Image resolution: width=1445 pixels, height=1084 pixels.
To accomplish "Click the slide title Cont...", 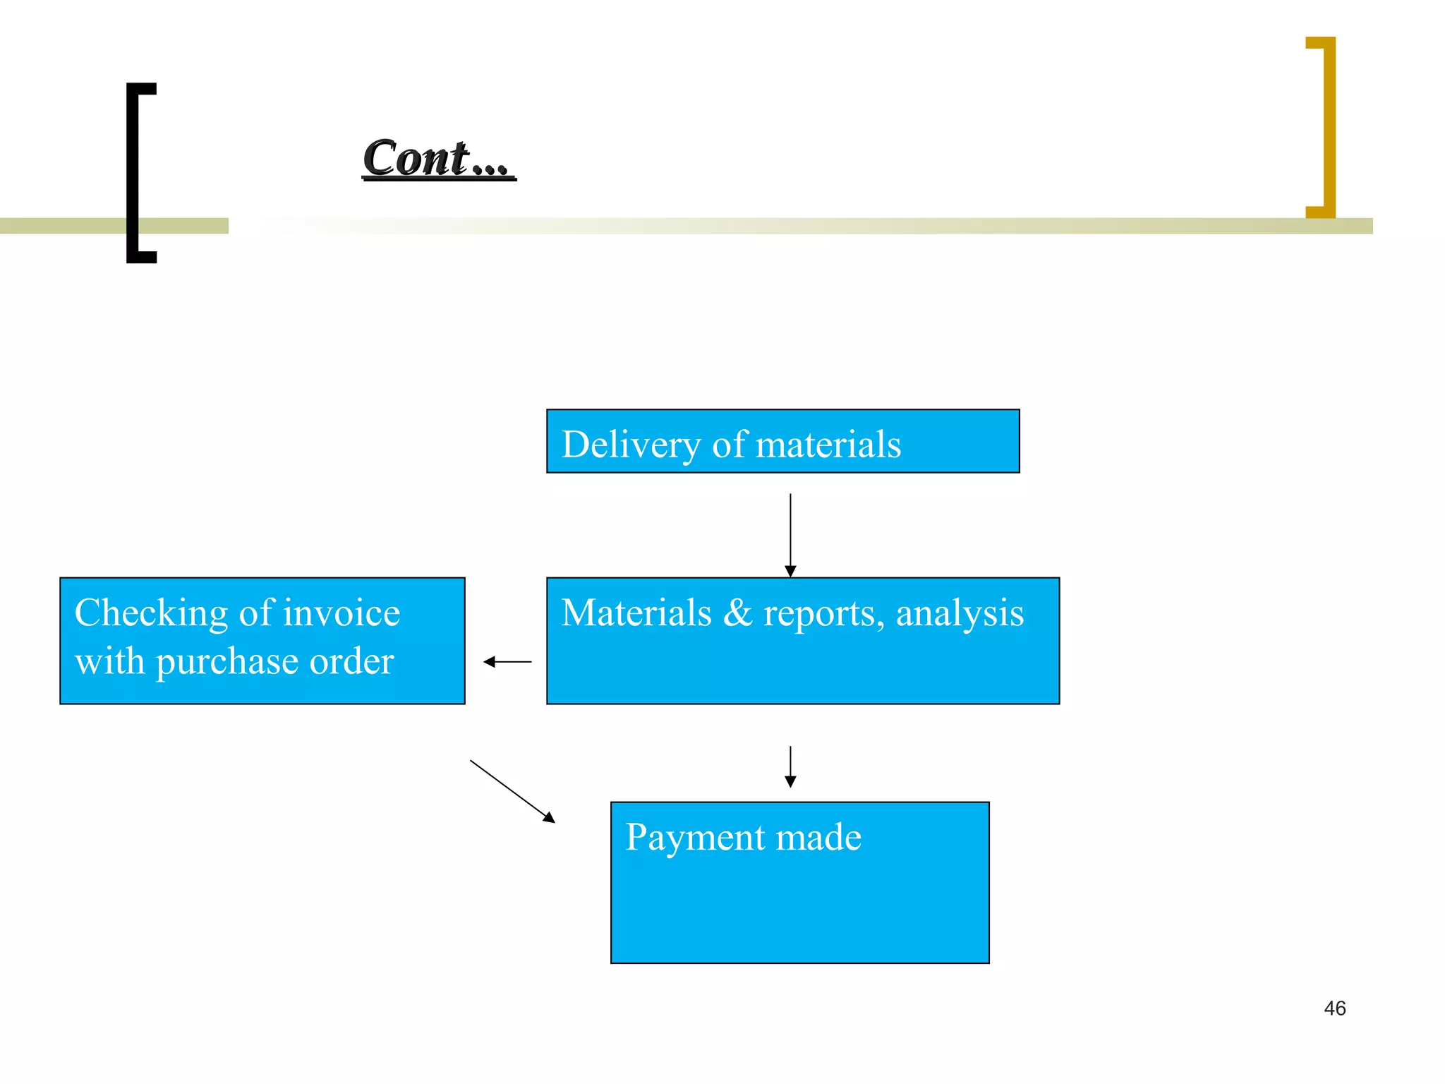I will [x=437, y=158].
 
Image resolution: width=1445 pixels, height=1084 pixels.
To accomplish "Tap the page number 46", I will [x=1334, y=1008].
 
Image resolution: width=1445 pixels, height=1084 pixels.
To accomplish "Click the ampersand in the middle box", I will [x=737, y=613].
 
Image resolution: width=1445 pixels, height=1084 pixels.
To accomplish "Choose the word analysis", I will [x=960, y=613].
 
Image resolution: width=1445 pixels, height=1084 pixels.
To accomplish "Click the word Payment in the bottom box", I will [x=695, y=837].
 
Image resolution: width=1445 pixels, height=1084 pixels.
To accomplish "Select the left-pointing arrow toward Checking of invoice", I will [x=507, y=662].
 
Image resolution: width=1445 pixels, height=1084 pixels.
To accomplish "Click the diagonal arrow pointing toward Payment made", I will [x=512, y=791].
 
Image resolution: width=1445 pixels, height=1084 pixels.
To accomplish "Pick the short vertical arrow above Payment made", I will [x=790, y=766].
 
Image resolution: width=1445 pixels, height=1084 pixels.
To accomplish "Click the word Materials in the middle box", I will [x=636, y=613].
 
